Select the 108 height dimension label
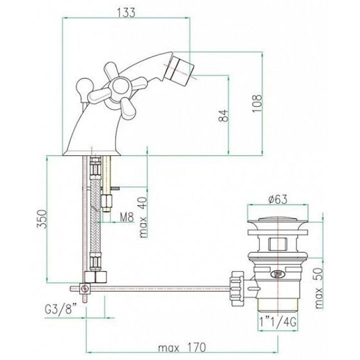256,103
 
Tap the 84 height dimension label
223,115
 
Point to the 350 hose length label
42,219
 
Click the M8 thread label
126,217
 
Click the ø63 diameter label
277,199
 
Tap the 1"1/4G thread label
277,322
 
